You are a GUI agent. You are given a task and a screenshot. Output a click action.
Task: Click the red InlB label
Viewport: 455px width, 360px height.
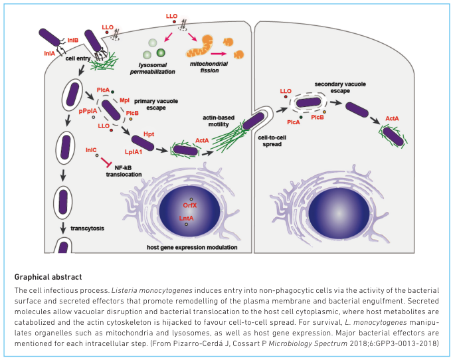73,40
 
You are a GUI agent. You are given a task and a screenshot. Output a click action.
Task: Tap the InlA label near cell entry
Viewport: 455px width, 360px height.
49,53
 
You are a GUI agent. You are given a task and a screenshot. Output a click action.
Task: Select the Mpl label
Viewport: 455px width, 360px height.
124,100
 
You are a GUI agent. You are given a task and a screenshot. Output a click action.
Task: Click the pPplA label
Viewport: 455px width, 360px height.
88,111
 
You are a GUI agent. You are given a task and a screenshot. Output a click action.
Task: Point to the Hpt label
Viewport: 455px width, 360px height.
149,134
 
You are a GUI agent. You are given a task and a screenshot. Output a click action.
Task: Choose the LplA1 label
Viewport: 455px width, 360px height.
134,151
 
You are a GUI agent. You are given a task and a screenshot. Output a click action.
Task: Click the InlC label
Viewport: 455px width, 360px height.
91,150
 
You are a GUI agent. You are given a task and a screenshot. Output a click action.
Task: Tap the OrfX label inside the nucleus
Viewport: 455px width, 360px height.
190,205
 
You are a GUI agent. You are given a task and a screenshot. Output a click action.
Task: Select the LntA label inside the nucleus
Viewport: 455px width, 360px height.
186,218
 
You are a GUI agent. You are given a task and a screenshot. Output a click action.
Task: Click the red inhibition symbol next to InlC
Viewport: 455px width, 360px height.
106,162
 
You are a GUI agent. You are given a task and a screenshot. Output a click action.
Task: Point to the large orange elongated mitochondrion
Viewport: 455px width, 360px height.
200,46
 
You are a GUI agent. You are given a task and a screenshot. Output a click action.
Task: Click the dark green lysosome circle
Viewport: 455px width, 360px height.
161,52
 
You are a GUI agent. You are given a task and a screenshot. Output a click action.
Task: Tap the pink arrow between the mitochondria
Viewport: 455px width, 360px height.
219,54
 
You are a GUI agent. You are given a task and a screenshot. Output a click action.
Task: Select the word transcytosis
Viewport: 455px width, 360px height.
87,228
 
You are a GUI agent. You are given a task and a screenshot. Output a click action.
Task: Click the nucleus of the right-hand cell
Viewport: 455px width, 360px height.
339,213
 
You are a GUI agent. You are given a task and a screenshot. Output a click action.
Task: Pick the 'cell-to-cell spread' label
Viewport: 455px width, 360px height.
272,141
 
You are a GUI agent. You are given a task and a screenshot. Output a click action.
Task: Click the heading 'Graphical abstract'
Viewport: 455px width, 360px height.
48,277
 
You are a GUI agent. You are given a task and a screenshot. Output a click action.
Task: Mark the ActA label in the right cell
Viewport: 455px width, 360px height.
392,118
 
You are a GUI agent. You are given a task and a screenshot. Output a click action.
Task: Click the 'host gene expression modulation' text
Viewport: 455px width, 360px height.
192,248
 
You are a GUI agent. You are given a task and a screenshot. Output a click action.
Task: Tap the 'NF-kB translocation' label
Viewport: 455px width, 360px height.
124,171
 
